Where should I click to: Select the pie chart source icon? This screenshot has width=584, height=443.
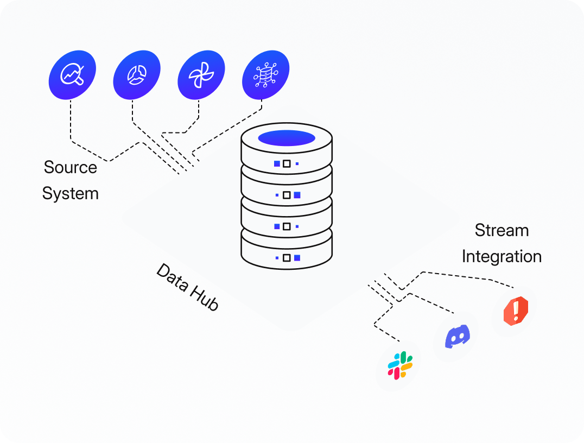136,75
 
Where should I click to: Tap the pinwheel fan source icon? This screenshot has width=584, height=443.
201,75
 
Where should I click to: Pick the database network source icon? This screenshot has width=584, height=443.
265,75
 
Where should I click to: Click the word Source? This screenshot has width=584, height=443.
71,167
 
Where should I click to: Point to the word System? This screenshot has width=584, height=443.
71,193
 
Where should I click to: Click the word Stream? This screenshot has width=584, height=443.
502,230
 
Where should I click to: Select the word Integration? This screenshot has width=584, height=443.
502,256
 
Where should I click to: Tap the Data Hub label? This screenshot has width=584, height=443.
187,287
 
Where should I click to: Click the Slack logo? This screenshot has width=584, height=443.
400,365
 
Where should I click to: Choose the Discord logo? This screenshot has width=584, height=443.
457,337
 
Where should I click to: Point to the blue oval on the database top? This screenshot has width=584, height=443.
287,138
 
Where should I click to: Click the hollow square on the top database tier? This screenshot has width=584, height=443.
287,163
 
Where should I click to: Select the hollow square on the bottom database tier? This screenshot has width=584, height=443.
287,257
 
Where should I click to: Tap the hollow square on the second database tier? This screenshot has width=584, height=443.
287,195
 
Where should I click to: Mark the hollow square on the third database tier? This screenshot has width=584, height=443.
287,226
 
